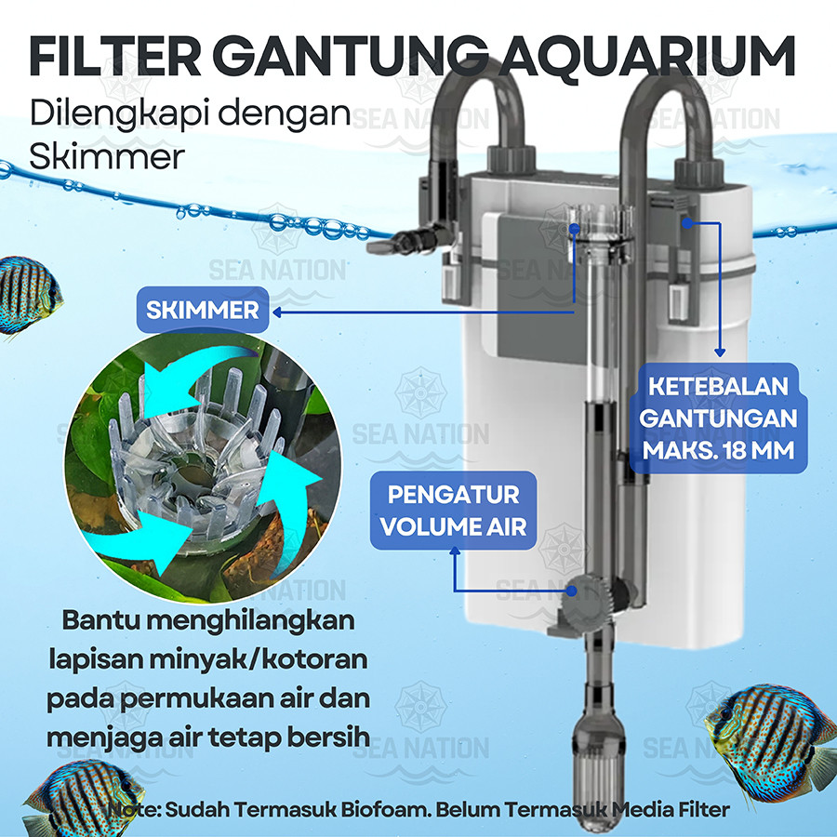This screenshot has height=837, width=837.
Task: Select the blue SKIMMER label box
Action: (x=203, y=310)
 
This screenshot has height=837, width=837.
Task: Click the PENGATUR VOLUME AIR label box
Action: (x=453, y=511)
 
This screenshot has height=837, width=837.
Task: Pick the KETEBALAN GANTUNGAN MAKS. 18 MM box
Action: (x=718, y=418)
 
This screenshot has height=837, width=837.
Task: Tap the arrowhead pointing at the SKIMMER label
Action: (x=276, y=312)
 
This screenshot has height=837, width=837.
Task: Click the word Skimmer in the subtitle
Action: (x=107, y=157)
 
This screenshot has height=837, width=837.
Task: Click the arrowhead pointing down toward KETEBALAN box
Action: (x=720, y=352)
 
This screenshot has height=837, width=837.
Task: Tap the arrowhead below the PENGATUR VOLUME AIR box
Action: (x=455, y=551)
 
